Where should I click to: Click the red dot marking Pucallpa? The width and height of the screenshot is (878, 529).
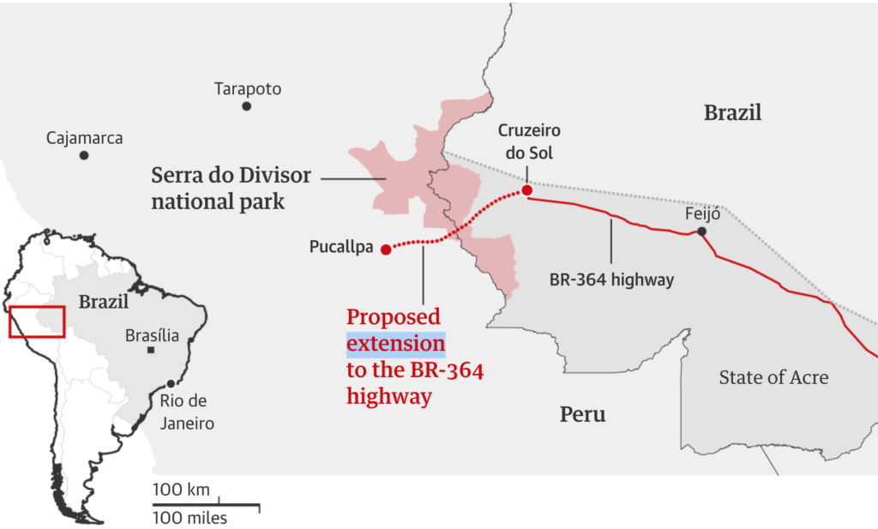[386, 249]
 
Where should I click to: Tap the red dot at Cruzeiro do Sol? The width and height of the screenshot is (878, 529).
[526, 190]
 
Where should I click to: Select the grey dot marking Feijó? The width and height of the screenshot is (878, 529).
[701, 231]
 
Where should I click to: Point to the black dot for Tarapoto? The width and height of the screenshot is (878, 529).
[246, 106]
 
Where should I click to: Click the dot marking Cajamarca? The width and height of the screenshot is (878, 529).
[84, 155]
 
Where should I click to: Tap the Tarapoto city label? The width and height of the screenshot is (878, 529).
[248, 89]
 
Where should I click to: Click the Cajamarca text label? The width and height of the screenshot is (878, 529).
[85, 138]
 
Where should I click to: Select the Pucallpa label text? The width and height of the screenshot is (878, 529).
[341, 249]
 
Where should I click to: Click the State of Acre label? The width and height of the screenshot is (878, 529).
[773, 377]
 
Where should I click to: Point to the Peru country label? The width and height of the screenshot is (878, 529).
[583, 415]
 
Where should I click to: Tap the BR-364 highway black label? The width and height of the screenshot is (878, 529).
[611, 280]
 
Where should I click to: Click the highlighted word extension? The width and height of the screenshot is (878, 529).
[395, 345]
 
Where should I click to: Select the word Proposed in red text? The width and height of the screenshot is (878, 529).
[394, 318]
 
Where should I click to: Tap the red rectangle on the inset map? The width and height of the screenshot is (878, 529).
[37, 322]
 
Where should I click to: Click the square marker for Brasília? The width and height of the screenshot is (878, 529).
[151, 351]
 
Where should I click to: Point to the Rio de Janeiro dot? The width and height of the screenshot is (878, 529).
[171, 383]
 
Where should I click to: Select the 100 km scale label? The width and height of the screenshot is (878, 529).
[182, 490]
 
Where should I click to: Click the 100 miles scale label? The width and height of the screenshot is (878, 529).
[190, 518]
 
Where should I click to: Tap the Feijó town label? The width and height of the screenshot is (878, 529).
[702, 213]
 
